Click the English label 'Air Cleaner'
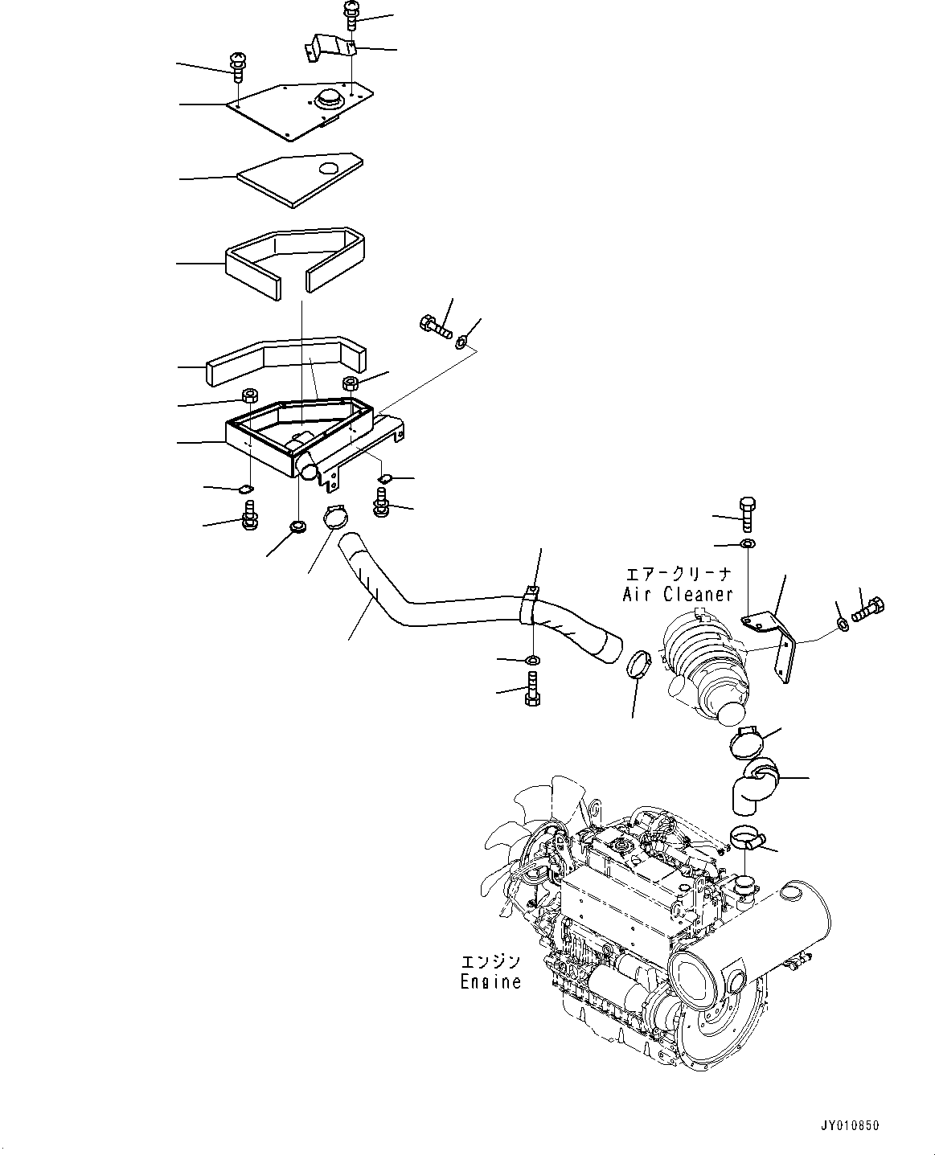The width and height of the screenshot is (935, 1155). coord(678,594)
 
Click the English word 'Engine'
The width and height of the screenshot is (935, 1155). coord(490,981)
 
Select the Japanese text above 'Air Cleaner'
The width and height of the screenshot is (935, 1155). coord(680,574)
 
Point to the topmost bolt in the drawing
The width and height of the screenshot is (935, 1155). coord(351,15)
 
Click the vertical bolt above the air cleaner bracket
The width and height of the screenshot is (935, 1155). coord(745,512)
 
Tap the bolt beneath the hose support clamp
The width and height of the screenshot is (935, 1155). coord(531,689)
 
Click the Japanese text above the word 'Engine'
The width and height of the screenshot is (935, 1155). coord(490,961)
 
